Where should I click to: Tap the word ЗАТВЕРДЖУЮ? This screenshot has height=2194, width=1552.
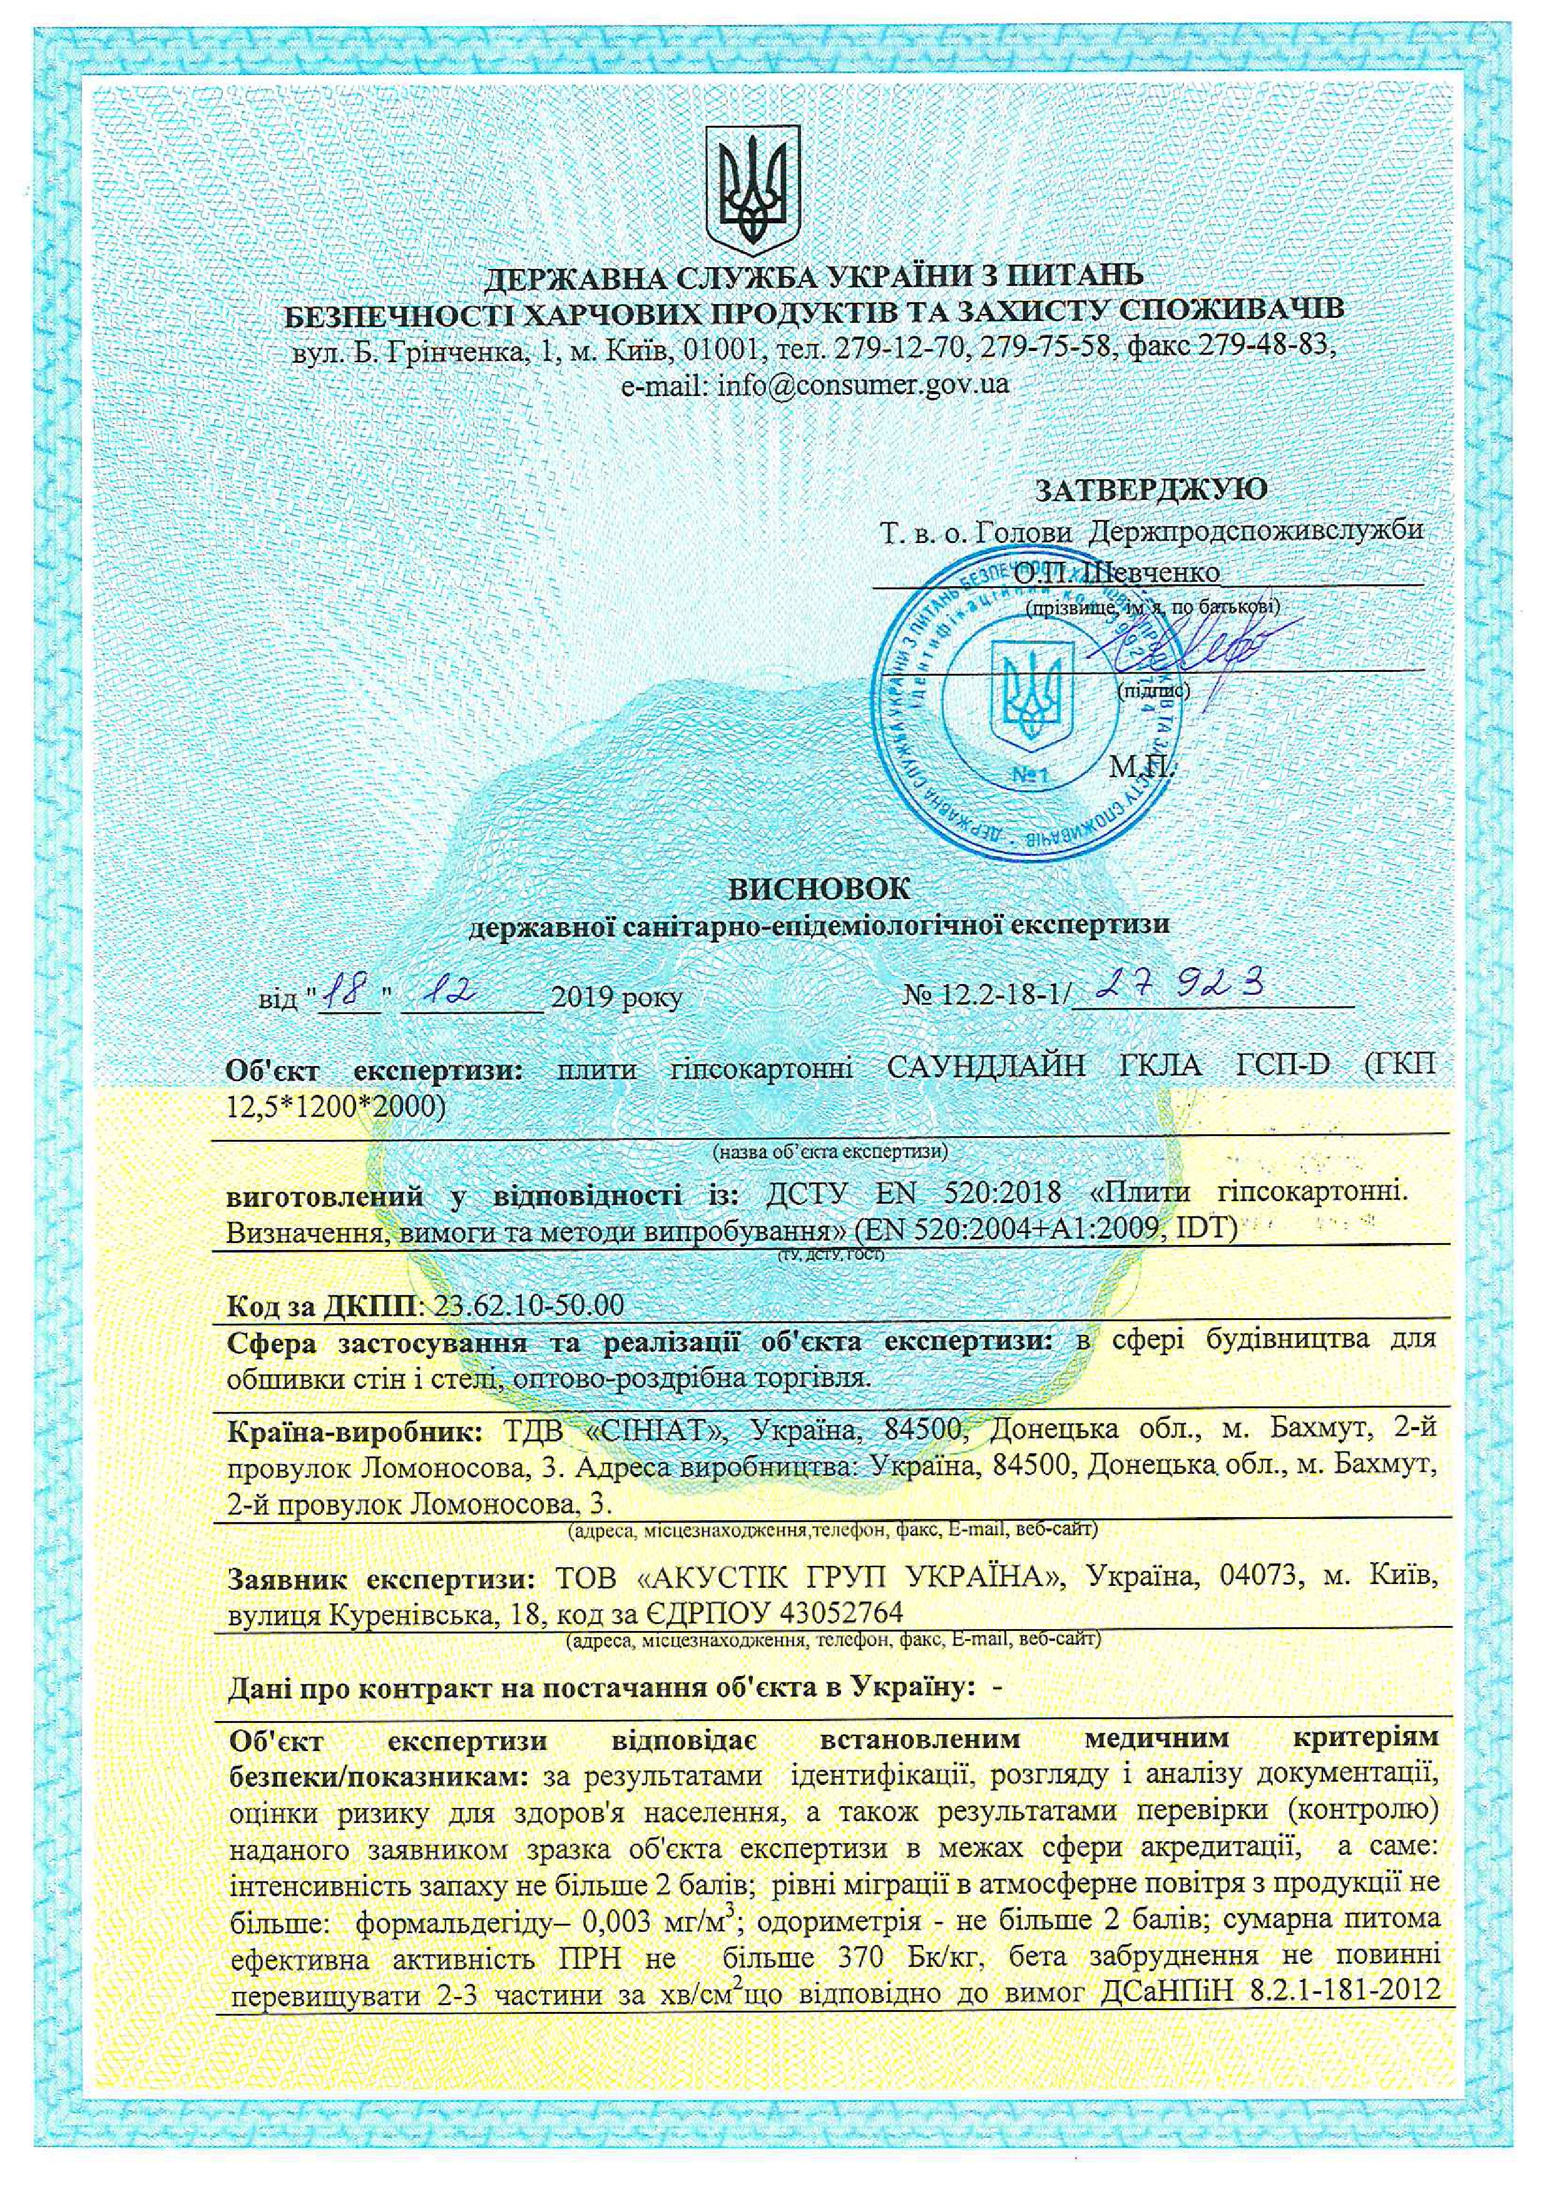(x=1151, y=490)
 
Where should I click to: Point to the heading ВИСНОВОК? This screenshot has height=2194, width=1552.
(x=820, y=889)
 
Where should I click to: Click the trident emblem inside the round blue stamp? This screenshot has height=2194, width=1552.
(x=1030, y=684)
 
